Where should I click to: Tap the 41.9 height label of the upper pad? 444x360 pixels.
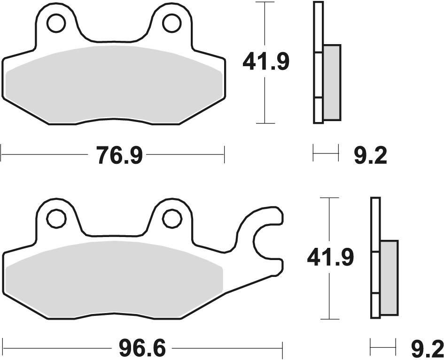[x=265, y=61]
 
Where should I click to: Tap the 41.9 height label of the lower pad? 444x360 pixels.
[x=330, y=257]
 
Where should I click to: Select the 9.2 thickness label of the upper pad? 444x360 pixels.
[x=370, y=155]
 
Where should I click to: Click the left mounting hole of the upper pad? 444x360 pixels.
[x=56, y=23]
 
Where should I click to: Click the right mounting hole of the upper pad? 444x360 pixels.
[x=171, y=23]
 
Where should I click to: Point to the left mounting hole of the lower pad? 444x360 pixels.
[x=56, y=217]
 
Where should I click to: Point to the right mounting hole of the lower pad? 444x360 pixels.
[x=171, y=217]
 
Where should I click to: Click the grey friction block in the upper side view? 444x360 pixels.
[x=332, y=82]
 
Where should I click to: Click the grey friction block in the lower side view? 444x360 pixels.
[x=389, y=278]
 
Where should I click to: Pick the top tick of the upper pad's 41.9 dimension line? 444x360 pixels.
[x=265, y=2]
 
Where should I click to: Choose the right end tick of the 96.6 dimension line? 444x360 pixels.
[x=283, y=349]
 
